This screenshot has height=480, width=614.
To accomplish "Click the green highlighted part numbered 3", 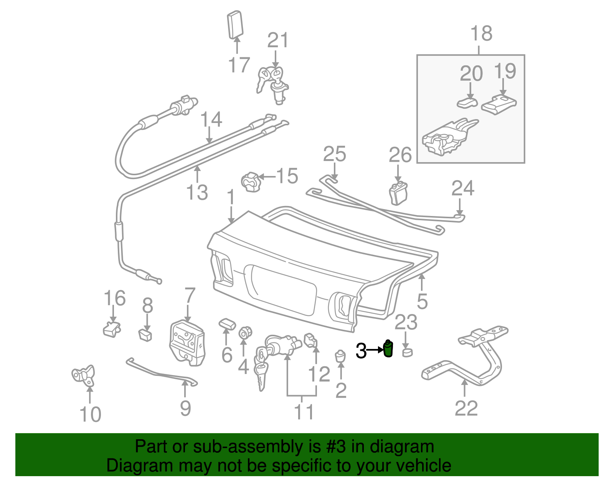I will tap(388, 349).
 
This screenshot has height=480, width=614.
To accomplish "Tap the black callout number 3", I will tap(361, 350).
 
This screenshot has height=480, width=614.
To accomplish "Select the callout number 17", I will tap(239, 65).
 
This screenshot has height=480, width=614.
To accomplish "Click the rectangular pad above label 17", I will tap(234, 25).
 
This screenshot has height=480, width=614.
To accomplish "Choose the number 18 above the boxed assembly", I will tap(481, 33).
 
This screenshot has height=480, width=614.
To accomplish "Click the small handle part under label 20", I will tap(467, 103).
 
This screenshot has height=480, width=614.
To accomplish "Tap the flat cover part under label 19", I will tap(499, 104).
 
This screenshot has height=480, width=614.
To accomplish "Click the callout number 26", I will tap(400, 155).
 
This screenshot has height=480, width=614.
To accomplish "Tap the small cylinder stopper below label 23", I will tap(407, 352).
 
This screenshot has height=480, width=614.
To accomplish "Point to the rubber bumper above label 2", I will tap(340, 356).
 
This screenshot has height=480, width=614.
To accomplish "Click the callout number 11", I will tap(304, 412).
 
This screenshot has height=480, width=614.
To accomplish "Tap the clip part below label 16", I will tap(112, 329).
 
